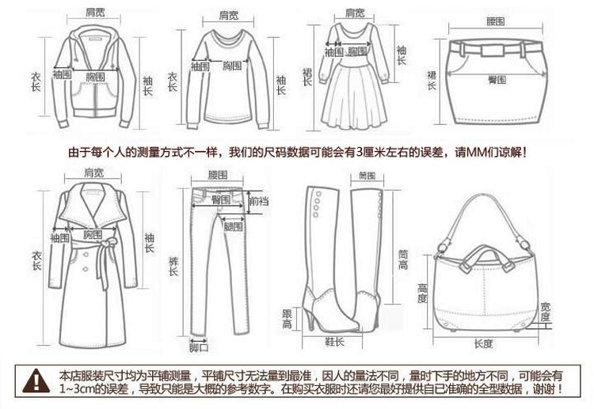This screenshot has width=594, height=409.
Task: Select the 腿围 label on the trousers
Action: pos(234,227)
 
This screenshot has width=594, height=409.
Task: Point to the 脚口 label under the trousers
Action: pos(197,346)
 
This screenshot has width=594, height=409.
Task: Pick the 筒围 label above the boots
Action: pos(366,175)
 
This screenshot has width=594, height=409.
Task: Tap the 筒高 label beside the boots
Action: pos(402,260)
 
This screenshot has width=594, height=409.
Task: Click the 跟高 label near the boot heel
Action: pos(287,320)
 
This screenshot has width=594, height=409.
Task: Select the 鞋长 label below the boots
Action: pos(335,341)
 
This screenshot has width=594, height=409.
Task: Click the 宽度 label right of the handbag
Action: pos(546,311)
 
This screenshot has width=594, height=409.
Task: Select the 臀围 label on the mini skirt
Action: pos(497,80)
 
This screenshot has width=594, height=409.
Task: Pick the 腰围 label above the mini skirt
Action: pos(495,21)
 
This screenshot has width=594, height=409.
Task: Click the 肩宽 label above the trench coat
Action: pos(93,172)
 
